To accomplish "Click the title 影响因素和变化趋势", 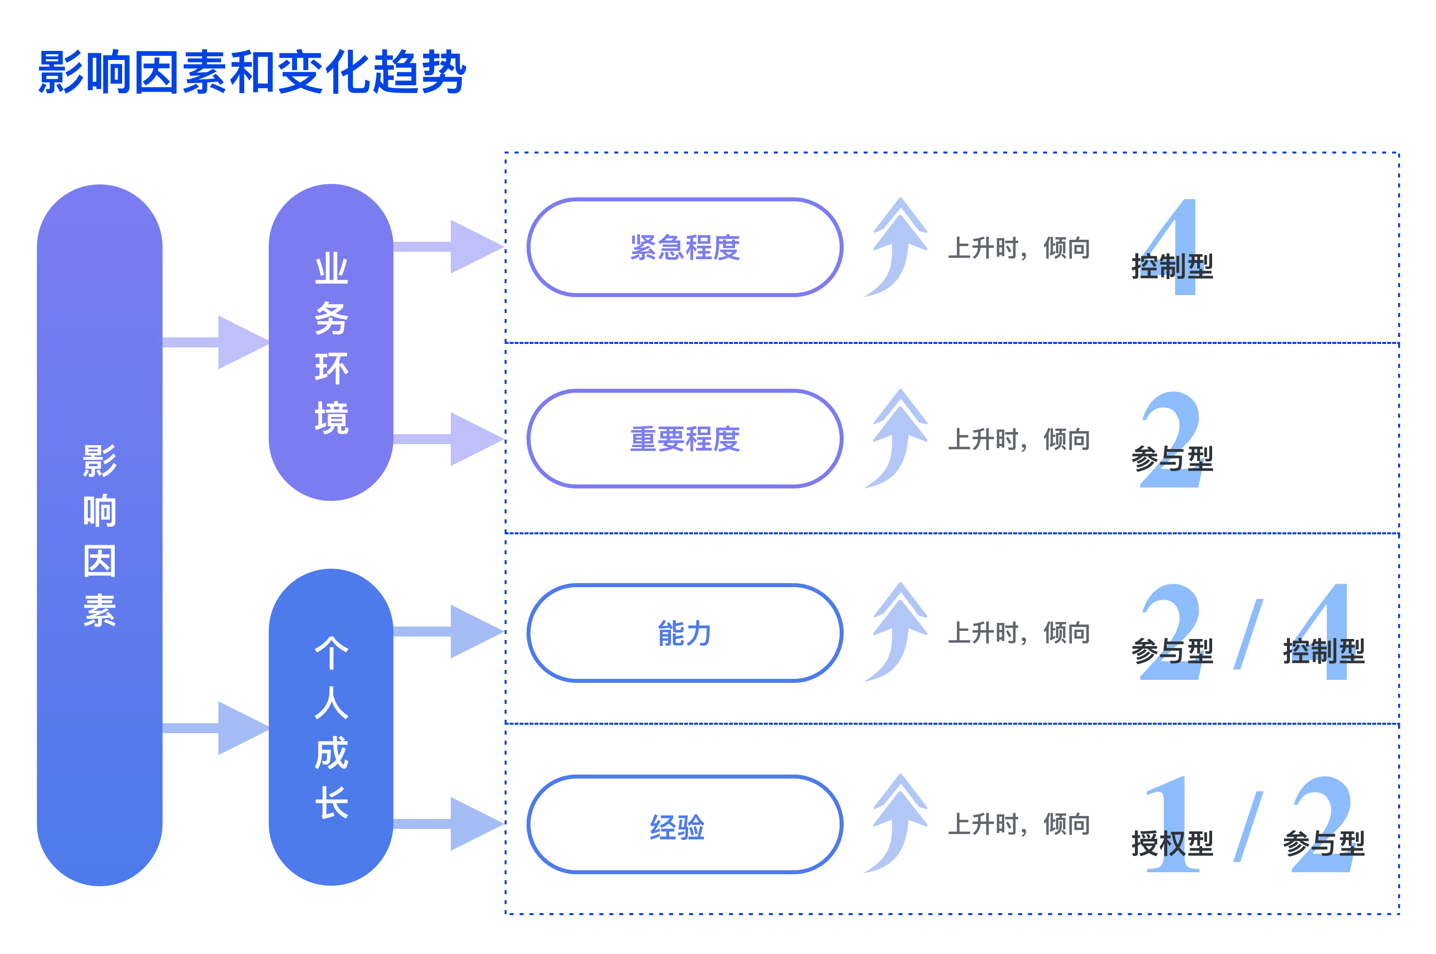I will click(x=252, y=73).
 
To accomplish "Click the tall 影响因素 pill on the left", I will click(x=100, y=535).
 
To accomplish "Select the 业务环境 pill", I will click(x=331, y=342).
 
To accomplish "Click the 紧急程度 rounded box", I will click(x=685, y=247).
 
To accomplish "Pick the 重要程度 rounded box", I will click(x=685, y=439).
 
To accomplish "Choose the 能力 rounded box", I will click(x=685, y=633).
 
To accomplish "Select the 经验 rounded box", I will click(x=685, y=824).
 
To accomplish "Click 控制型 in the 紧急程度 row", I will click(x=1172, y=267).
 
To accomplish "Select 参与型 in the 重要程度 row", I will click(x=1172, y=458).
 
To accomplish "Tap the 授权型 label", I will click(x=1172, y=843).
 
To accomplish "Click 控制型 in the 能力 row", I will click(x=1323, y=651).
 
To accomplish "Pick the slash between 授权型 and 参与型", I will click(x=1248, y=826).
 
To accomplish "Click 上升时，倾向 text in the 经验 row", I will click(x=1019, y=824).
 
